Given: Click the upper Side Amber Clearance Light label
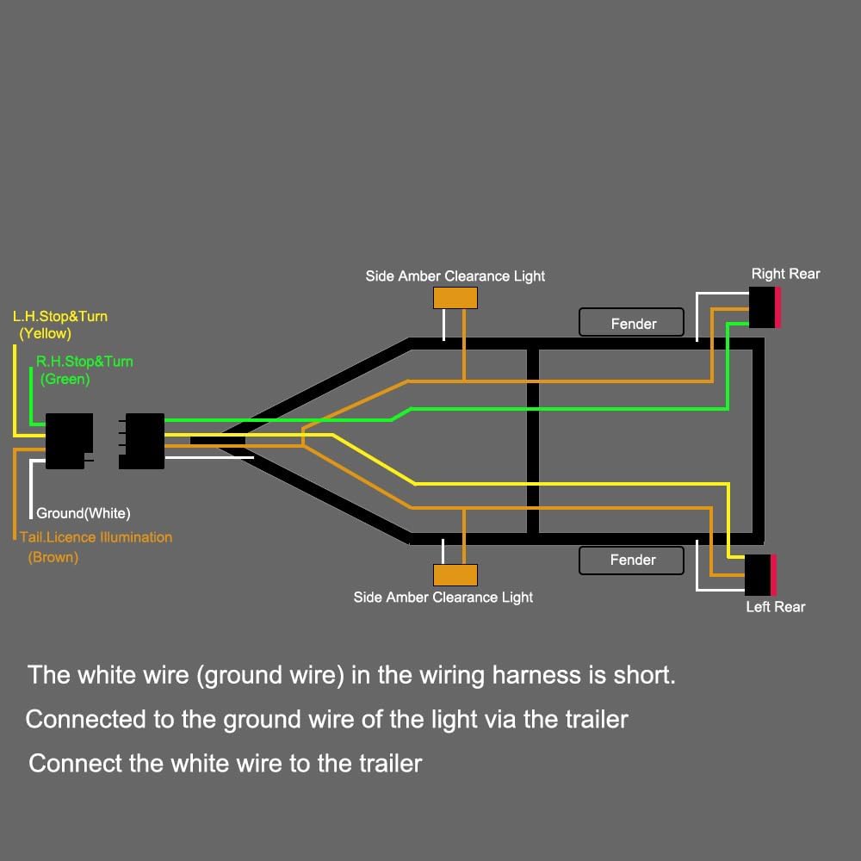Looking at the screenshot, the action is pos(455,276).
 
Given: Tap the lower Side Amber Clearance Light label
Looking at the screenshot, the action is pos(443,598).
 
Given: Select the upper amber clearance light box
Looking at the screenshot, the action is pos(455,298).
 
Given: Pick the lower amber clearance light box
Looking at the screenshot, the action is pos(455,575).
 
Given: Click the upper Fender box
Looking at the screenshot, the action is pos(631,322).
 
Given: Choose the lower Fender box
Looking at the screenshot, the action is pos(631,561).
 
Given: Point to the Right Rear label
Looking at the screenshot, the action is pos(786,274).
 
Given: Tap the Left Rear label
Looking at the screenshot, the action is pos(776,607).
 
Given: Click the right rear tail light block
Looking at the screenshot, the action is pos(765,307).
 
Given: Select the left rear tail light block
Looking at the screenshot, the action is pos(761,575).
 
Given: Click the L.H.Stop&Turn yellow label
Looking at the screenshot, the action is pos(60,325).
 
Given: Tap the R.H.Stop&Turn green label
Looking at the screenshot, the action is pos(84,370).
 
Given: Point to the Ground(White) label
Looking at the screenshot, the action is pos(84,513).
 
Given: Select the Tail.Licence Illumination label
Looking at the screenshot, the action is pos(96,537).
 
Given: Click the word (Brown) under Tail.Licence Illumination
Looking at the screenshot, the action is pos(53,557).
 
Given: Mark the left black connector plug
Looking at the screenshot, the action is pos(68,441).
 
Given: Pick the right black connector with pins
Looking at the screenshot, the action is pos(142,441).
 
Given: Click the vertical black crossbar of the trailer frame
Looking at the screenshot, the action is pos(533,441).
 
